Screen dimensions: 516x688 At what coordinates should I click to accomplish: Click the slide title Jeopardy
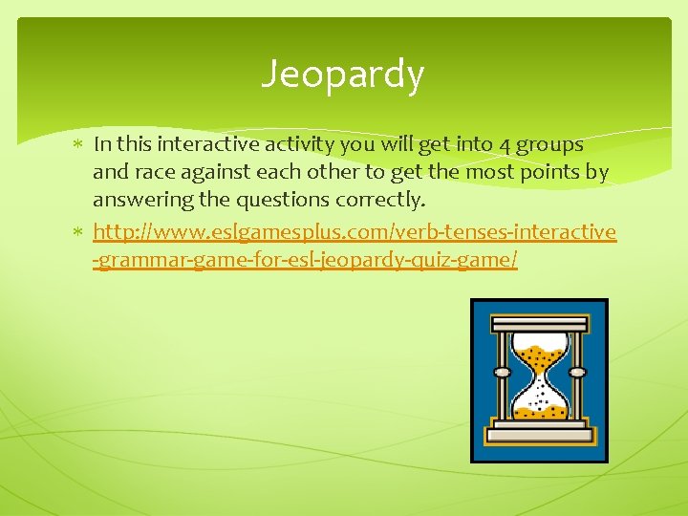(x=343, y=75)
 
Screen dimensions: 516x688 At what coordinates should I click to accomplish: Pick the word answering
(x=138, y=199)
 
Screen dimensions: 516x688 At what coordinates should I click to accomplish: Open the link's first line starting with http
(x=355, y=232)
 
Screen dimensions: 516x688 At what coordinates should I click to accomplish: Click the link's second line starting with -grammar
(x=305, y=260)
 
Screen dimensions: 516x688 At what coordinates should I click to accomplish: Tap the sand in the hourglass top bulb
(x=540, y=360)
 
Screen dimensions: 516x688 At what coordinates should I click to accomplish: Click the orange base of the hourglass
(x=540, y=438)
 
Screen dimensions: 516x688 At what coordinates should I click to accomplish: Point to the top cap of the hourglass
(x=540, y=326)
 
